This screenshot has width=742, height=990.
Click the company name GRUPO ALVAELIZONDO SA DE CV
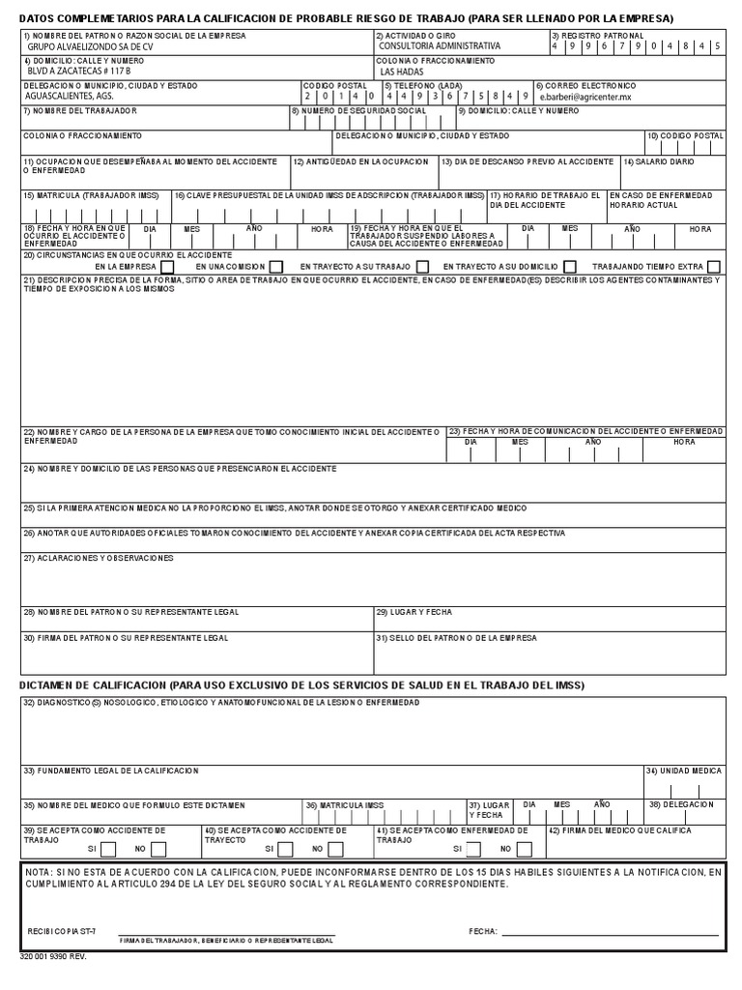click(x=83, y=46)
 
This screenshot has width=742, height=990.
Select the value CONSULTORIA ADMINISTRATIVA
click(x=440, y=46)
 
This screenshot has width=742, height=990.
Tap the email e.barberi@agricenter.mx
click(x=586, y=98)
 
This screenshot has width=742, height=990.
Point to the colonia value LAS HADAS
click(x=402, y=73)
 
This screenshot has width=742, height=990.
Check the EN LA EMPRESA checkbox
click(x=167, y=267)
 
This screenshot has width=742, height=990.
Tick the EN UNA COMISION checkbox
click(x=276, y=267)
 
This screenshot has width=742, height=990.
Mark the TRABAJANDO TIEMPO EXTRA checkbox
click(x=713, y=267)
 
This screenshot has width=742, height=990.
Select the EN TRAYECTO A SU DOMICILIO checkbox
click(x=570, y=267)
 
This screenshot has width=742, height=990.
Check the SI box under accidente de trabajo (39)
click(x=108, y=849)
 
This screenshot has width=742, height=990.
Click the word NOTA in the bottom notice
click(x=40, y=872)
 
